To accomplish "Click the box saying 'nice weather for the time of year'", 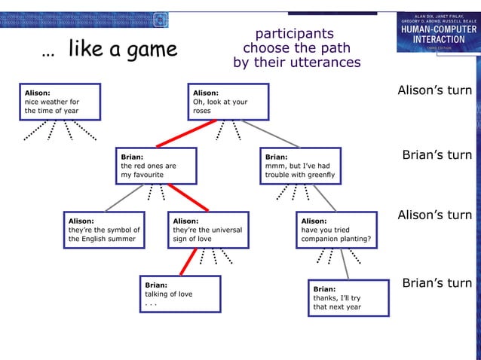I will pos(60,102).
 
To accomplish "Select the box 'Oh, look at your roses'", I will pos(228,102).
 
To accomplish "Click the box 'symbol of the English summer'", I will pos(104,230).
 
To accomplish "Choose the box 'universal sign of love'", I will pos(208,230).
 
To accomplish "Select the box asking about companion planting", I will pos(335,230).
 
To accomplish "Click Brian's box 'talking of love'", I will pos(180,294).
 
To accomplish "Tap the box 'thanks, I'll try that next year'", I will pos(348,297).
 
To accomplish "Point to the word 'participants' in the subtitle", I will pos(294,34).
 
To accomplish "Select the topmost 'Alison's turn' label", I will pos(435,90).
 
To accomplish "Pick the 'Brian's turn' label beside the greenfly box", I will pos(437,155).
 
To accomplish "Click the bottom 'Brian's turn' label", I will pos(437,283).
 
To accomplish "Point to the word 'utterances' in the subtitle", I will pos(326,63).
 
